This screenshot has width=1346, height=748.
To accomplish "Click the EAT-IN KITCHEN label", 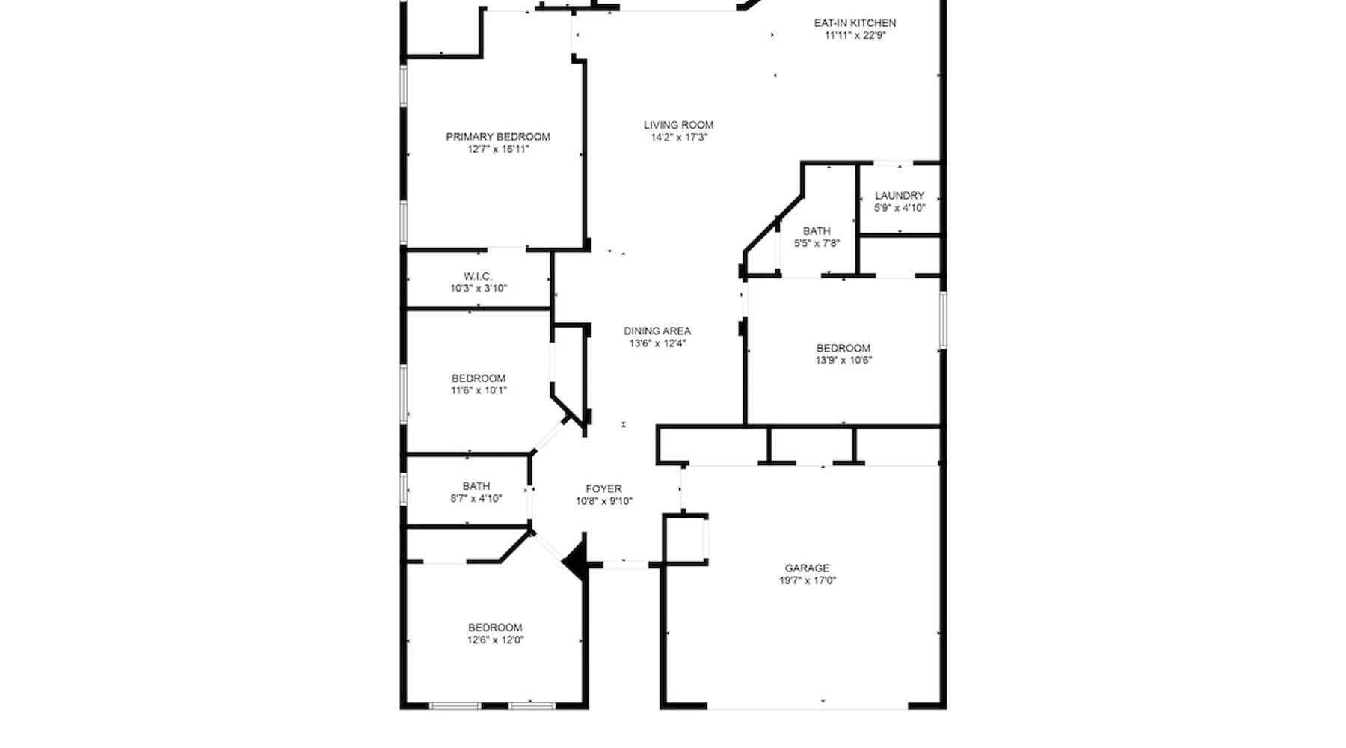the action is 855,23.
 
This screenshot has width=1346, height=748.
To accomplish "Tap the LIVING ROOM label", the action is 678,125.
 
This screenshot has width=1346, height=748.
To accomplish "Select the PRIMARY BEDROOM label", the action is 498,137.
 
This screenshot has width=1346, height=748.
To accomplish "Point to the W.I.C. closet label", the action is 478,276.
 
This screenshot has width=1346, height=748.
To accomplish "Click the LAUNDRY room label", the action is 900,196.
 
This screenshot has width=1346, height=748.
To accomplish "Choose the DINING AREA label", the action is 657,331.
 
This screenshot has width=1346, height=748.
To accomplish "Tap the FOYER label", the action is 603,488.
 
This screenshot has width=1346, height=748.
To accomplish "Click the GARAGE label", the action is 807,568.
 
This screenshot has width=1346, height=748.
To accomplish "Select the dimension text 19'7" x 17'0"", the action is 808,580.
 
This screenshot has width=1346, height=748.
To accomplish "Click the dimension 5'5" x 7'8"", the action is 817,243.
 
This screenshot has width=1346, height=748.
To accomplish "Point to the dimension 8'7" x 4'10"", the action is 476,498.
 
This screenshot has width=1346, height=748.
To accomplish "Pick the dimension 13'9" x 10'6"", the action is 843,360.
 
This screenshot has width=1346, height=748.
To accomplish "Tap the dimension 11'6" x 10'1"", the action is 479,390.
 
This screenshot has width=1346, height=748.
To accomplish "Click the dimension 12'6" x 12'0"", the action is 496,640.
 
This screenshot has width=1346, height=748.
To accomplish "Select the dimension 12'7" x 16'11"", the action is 498,149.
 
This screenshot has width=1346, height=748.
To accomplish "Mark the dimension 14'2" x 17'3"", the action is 679,137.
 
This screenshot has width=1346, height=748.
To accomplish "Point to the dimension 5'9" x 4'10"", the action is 900,208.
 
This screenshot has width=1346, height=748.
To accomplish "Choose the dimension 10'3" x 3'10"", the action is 479,288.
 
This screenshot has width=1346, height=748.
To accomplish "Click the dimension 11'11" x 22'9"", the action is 855,35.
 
